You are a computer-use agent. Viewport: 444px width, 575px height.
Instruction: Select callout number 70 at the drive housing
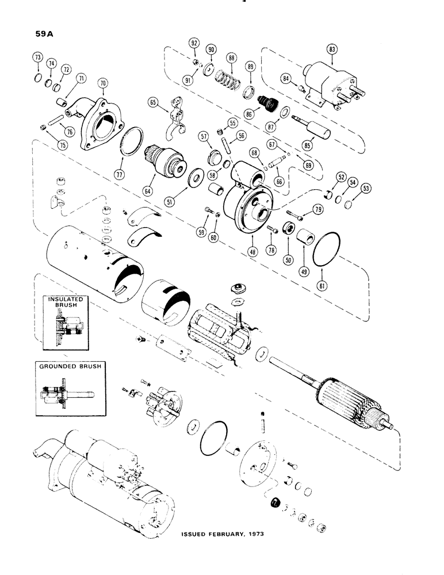pyautogui.click(x=104, y=83)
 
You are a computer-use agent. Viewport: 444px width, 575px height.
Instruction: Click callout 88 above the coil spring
pyautogui.click(x=232, y=58)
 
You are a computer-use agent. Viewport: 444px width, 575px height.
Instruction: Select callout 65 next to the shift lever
pyautogui.click(x=153, y=102)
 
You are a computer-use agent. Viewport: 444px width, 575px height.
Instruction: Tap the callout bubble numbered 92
pyautogui.click(x=194, y=43)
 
